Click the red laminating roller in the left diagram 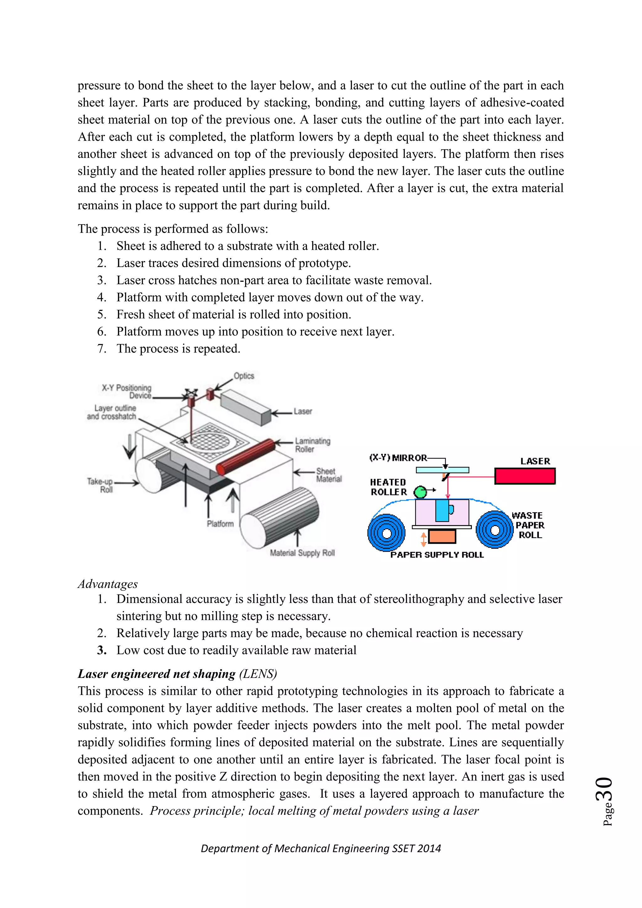tap(246, 457)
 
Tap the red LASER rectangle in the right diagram tap(524, 476)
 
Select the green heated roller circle tap(420, 492)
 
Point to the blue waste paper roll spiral tap(494, 530)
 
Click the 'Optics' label tap(244, 376)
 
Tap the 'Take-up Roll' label tap(100, 485)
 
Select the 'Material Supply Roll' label tap(302, 553)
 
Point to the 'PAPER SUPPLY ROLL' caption tap(437, 555)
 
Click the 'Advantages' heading tap(108, 584)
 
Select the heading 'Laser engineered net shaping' tap(156, 674)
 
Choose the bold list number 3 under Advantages tap(102, 651)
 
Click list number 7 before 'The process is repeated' tap(102, 349)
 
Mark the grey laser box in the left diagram tap(246, 407)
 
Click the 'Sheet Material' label tap(329, 475)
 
